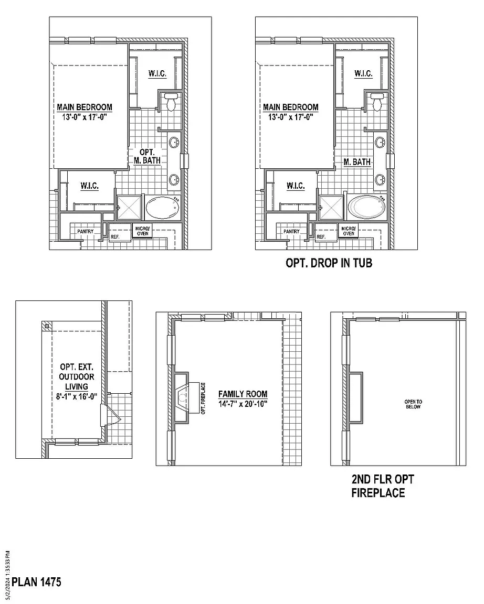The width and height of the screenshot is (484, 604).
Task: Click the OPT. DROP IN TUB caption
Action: (x=329, y=263)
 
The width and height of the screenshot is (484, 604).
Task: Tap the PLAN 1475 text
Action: (x=37, y=582)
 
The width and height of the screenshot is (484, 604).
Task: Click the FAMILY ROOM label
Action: (x=243, y=394)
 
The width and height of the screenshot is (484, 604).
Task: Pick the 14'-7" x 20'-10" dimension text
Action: (x=243, y=403)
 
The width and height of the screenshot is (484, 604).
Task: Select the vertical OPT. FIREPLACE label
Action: (x=203, y=398)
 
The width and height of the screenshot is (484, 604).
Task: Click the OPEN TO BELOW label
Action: (x=413, y=404)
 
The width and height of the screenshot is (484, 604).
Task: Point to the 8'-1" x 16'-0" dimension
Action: (x=77, y=397)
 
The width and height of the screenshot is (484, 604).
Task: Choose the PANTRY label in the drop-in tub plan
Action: (x=291, y=231)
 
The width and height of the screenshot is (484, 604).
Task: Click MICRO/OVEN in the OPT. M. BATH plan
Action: (x=143, y=231)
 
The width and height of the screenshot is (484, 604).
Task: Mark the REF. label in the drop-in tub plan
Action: (x=321, y=237)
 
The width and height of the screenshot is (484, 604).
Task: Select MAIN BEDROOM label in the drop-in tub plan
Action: (x=290, y=107)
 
